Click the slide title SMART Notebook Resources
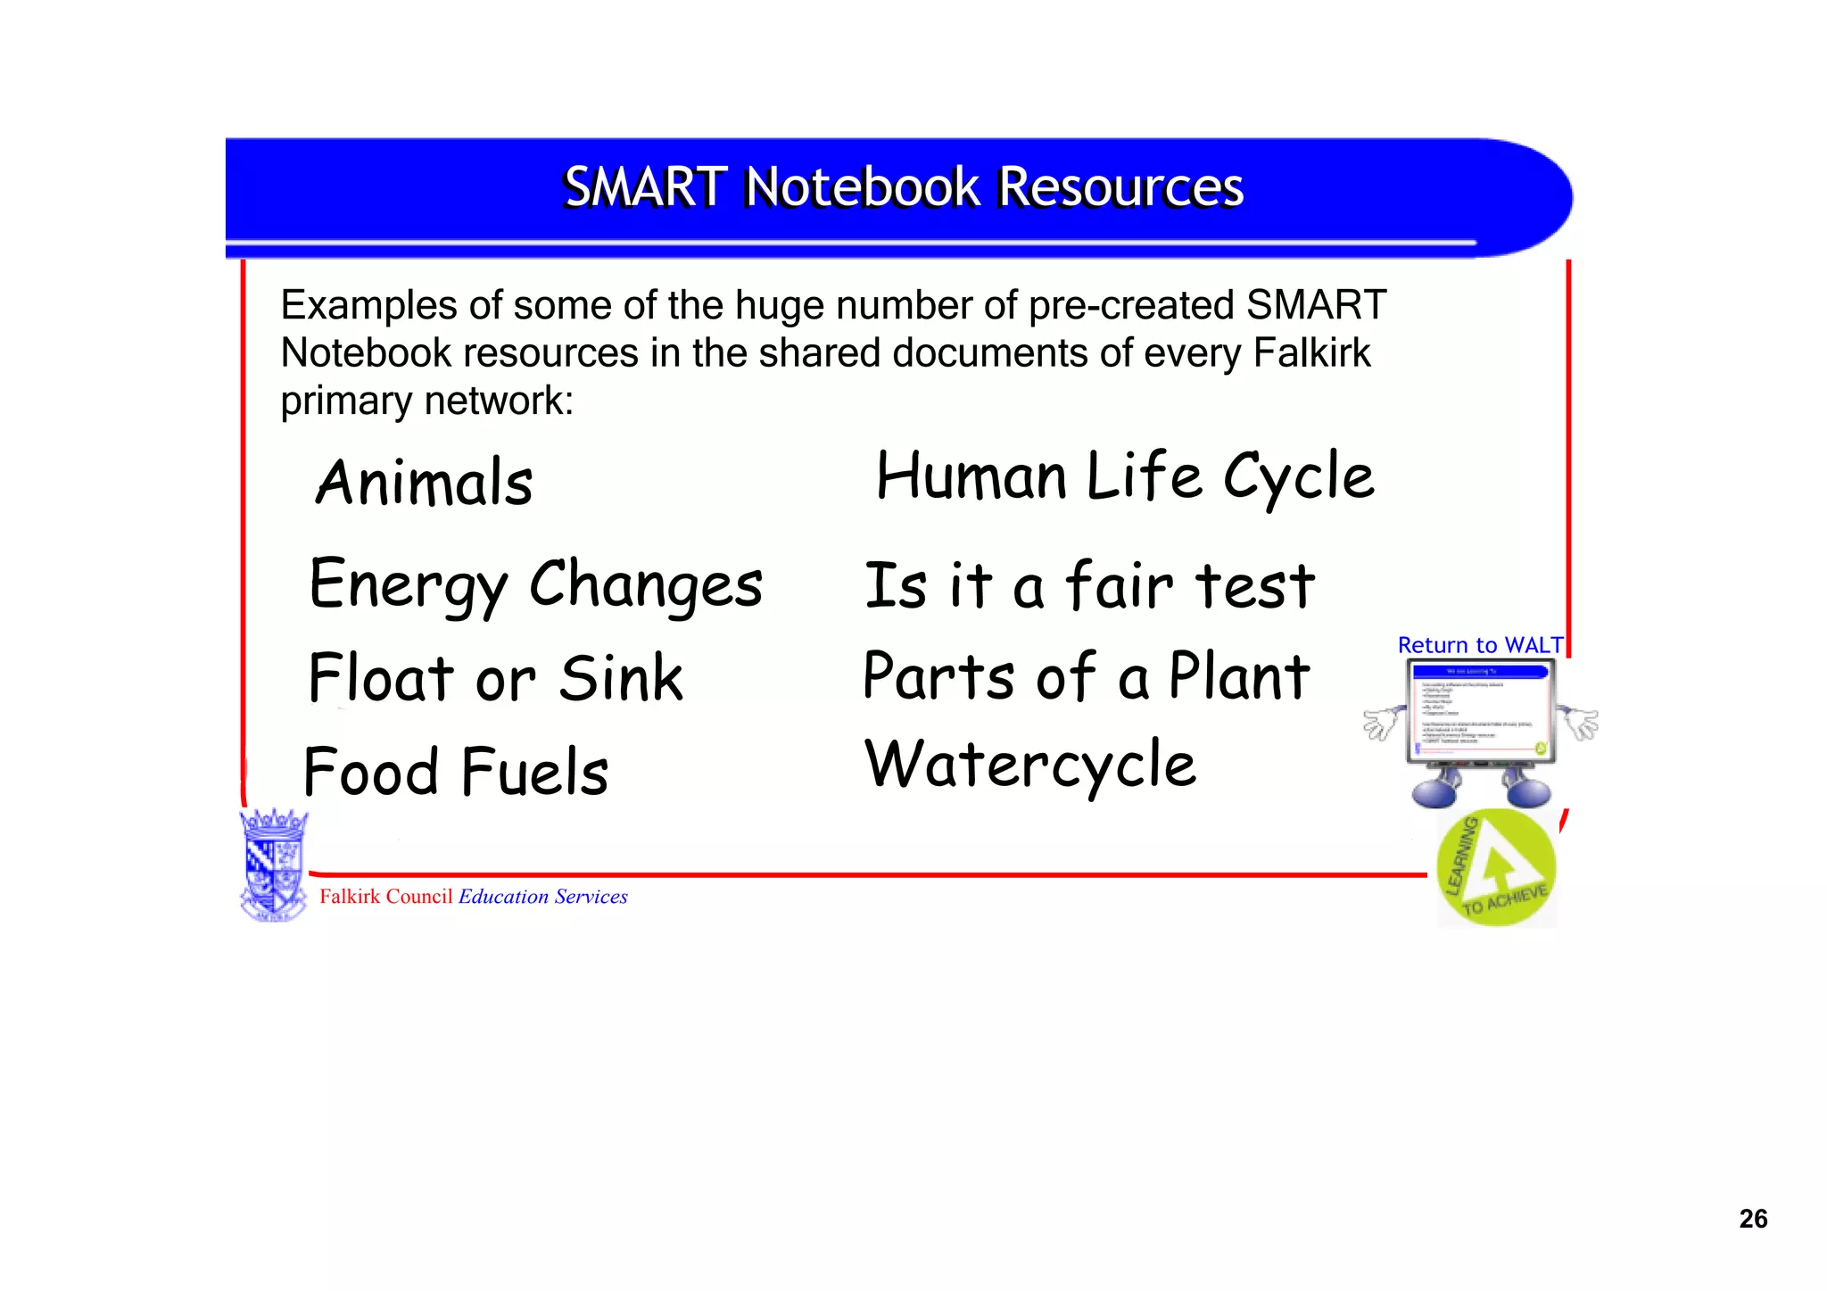click(903, 187)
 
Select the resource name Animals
click(425, 483)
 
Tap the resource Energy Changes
click(535, 584)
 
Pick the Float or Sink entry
click(496, 678)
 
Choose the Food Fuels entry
click(456, 772)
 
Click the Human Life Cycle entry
click(1125, 476)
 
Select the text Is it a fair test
click(1089, 586)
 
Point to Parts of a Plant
click(1087, 676)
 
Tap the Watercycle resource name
click(1030, 765)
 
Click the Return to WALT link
click(1479, 645)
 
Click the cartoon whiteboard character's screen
click(1481, 711)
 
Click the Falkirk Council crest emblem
click(274, 865)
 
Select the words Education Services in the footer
click(542, 897)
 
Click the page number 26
click(1752, 1219)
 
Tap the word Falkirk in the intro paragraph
click(1311, 353)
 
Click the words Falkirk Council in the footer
click(385, 897)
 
